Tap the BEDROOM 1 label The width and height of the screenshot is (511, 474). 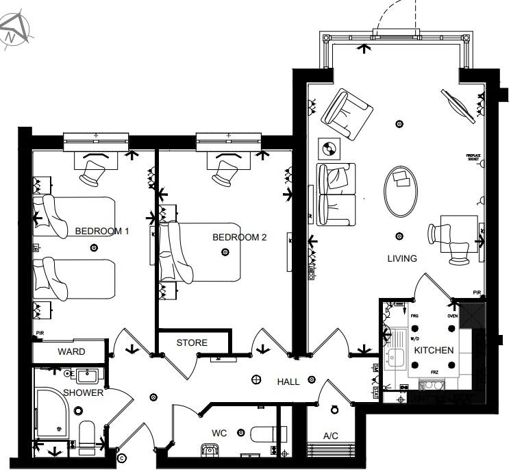pos(101,232)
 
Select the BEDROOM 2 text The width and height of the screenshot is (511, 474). pos(239,238)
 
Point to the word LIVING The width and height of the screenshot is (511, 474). pos(401,258)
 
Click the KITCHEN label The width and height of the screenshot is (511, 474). pos(434,350)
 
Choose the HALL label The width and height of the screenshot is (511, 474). pos(288,382)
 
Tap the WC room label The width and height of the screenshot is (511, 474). pos(220,433)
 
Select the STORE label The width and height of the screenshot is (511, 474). pos(192,342)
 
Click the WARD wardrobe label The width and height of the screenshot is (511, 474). pos(71,351)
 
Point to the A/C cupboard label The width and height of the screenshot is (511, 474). pos(331,436)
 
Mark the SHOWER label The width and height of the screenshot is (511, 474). pos(84,392)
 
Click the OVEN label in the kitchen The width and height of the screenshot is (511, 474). pos(452,316)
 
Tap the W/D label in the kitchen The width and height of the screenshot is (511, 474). pos(415,338)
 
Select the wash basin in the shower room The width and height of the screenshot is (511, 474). pos(86,375)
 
